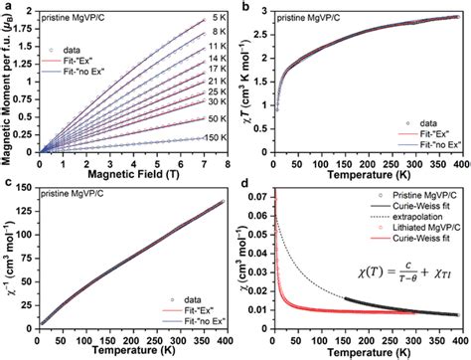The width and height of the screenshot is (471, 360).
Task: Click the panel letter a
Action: point(6,7)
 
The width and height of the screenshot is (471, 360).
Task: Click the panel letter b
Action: point(244,7)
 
